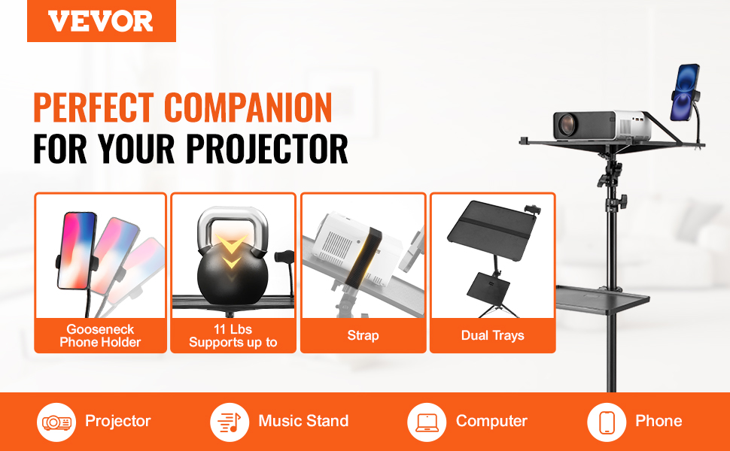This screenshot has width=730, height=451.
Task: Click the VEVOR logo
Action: click(101, 21)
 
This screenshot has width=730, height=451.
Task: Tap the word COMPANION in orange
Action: click(248, 107)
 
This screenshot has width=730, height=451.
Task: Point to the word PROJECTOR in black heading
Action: click(267, 149)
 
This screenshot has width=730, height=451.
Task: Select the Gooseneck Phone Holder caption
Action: click(100, 336)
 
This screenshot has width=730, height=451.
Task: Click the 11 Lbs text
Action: click(233, 329)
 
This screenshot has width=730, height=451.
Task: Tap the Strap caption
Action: click(363, 335)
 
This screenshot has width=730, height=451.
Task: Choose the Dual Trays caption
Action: click(493, 335)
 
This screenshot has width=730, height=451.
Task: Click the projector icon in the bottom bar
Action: click(56, 422)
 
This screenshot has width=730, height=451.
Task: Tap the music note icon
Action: click(230, 422)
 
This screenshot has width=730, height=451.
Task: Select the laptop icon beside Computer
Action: click(427, 422)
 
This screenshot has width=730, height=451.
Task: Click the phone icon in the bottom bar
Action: click(607, 422)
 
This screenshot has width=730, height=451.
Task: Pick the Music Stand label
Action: click(303, 421)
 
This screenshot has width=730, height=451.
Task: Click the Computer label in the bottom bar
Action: click(491, 421)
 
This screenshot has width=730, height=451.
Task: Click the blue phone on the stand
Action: click(686, 92)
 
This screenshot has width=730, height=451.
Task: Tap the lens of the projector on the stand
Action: click(567, 125)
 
